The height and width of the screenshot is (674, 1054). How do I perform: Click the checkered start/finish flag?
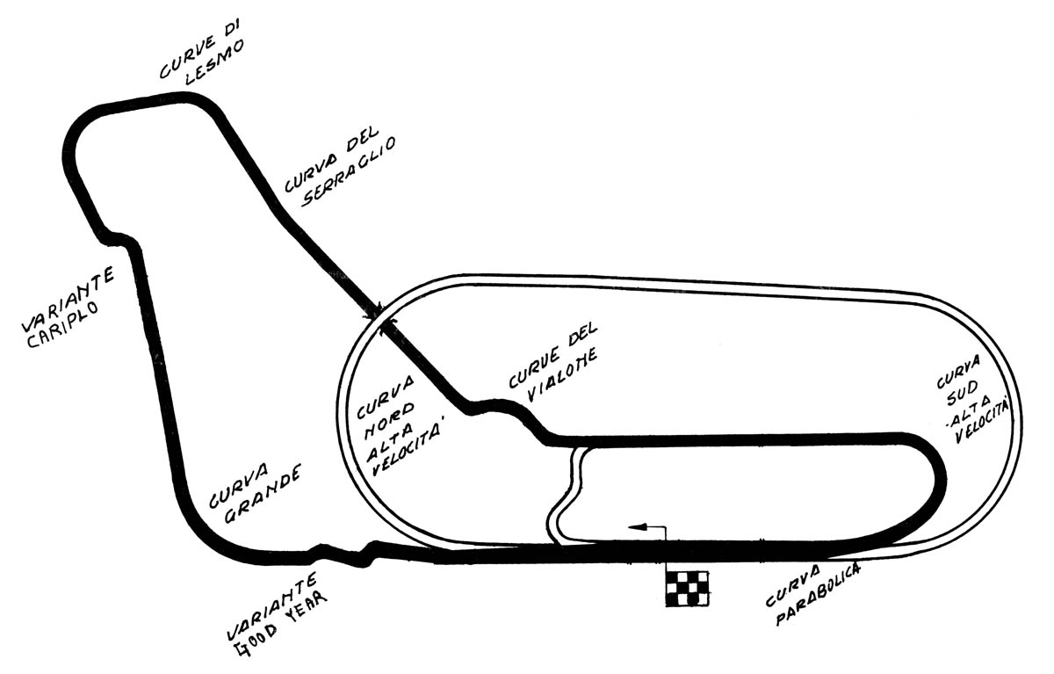tap(686, 587)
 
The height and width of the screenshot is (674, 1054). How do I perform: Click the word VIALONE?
tap(562, 373)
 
